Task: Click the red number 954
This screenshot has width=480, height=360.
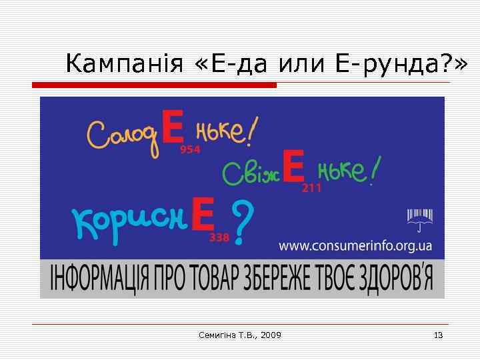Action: tap(190, 150)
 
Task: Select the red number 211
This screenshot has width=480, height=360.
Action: tap(312, 189)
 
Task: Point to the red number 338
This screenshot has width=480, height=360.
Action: tap(219, 237)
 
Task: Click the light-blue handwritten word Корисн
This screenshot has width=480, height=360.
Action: tap(129, 220)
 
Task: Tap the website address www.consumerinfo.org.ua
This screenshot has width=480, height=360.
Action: tap(355, 246)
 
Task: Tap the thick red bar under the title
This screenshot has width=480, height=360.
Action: tap(154, 85)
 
